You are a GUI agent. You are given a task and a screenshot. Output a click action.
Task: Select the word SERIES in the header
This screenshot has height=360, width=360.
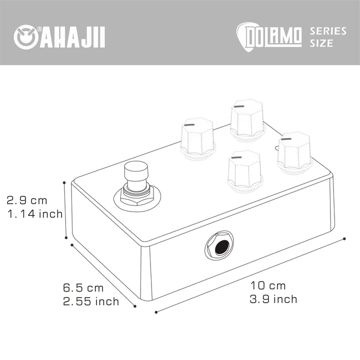point(328,31)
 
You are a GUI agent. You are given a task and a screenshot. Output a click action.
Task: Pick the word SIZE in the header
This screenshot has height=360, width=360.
point(321,43)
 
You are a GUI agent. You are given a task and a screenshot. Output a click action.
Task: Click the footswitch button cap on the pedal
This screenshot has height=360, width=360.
point(136,173)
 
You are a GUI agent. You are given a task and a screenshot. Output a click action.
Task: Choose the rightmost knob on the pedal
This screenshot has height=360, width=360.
point(295,151)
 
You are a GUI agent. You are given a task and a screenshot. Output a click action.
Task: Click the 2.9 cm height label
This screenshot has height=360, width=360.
point(27,200)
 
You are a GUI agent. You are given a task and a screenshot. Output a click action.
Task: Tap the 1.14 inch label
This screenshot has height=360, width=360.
point(35,214)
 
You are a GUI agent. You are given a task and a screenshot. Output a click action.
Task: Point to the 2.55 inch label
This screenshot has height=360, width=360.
point(91,301)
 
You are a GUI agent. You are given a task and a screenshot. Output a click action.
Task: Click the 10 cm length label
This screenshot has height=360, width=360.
point(268,286)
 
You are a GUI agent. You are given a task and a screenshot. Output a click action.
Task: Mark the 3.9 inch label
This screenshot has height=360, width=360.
point(273,299)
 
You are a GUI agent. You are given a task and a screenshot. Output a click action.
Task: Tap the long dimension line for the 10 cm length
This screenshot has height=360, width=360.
point(250,275)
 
